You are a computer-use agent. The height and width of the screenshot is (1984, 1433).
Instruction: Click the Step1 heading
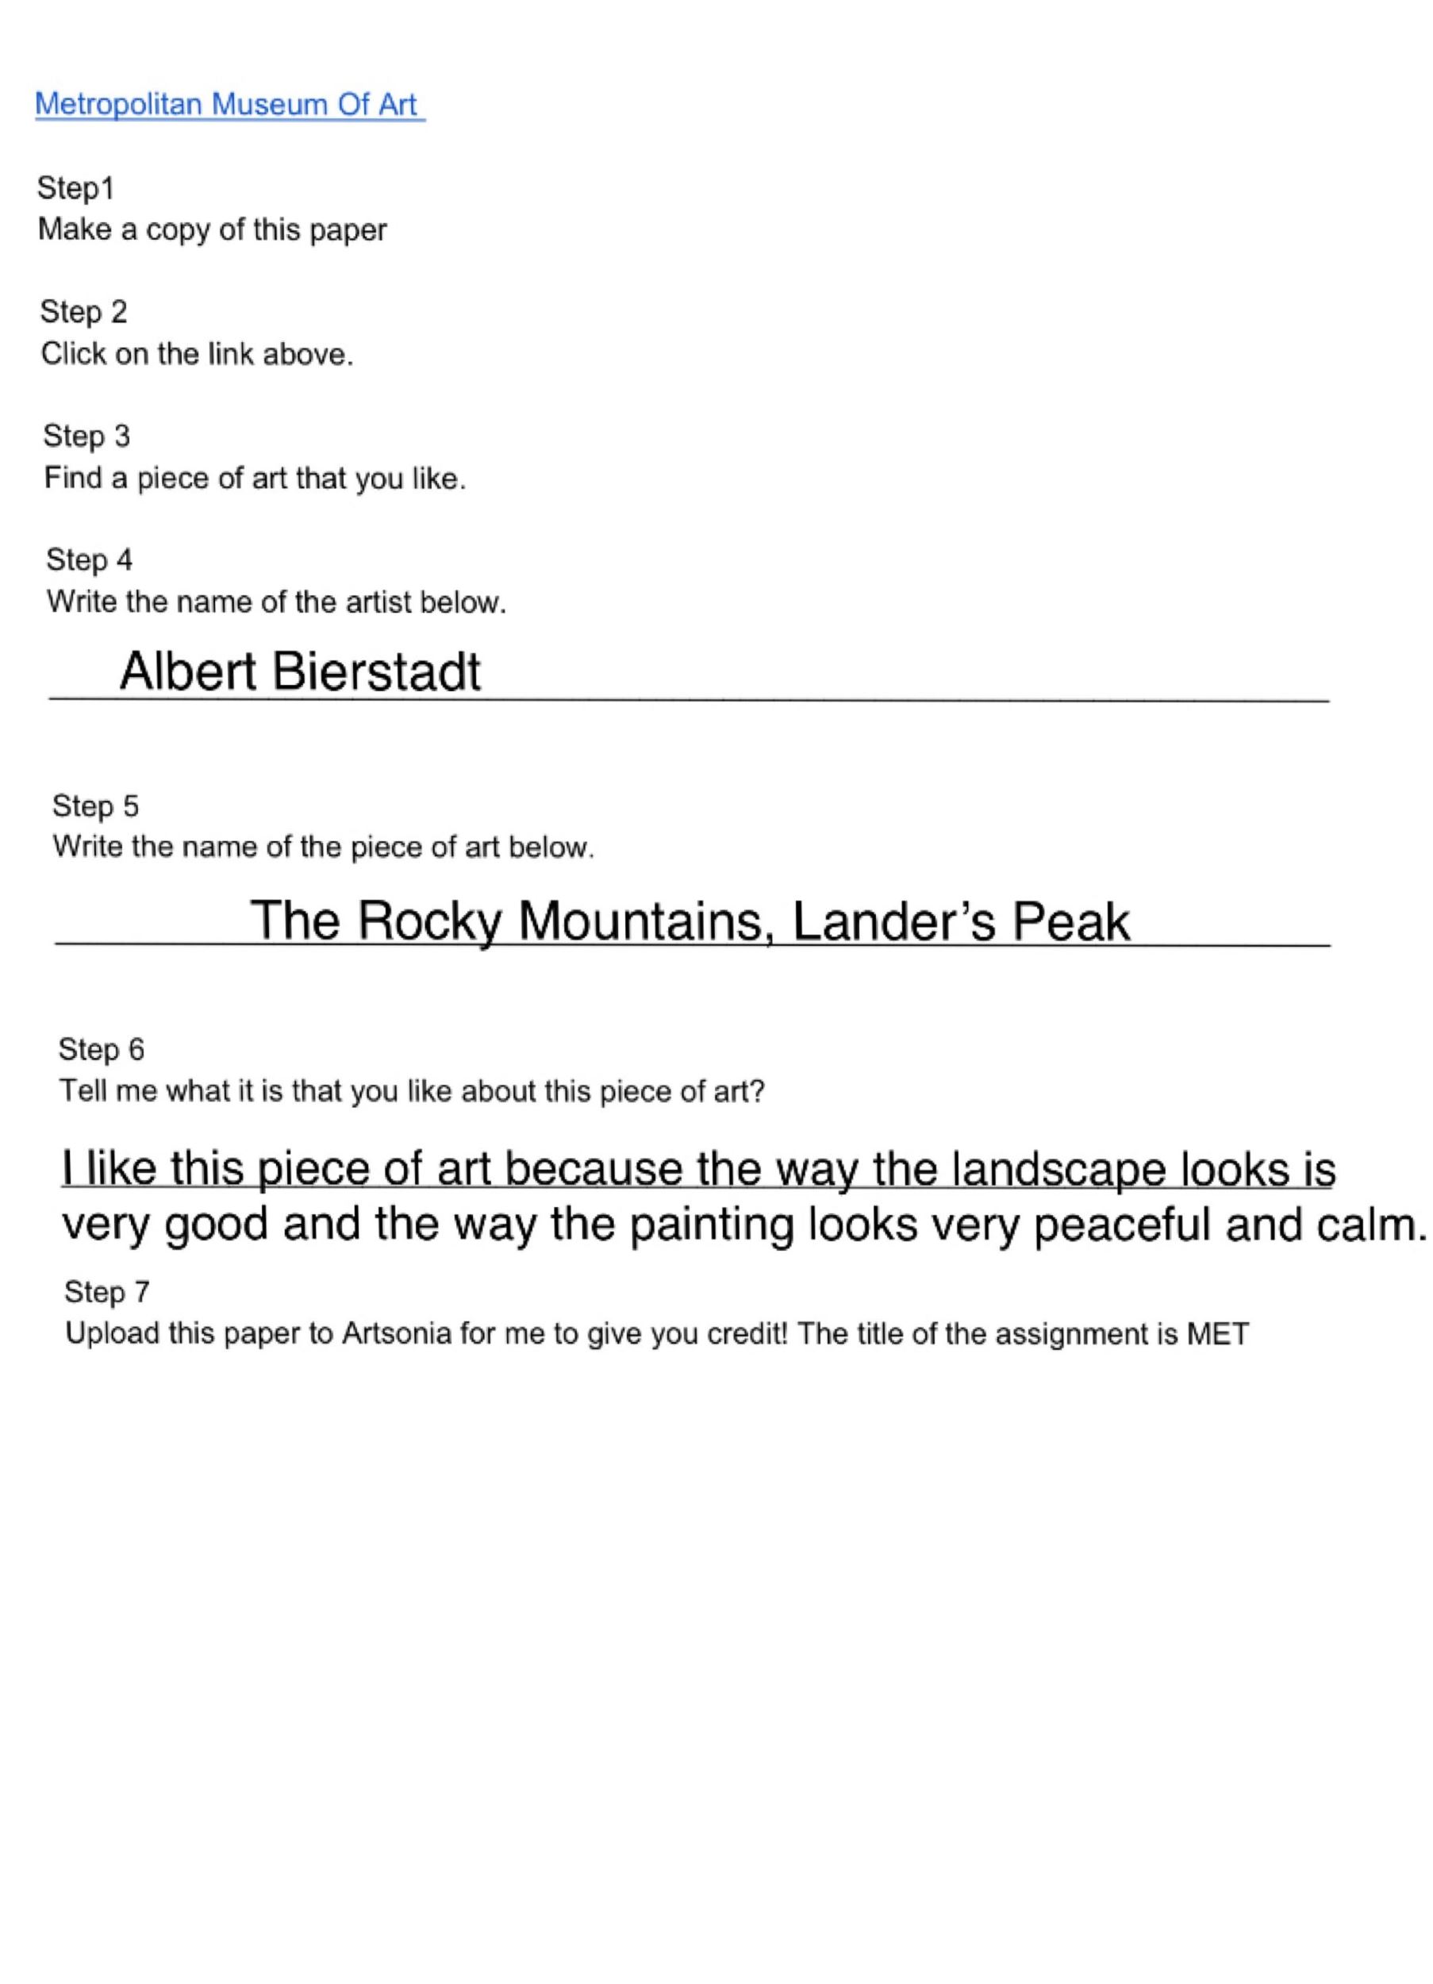tap(75, 188)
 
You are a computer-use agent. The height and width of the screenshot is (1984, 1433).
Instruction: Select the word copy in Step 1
tap(178, 231)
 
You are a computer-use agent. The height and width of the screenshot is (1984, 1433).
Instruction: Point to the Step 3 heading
tap(86, 436)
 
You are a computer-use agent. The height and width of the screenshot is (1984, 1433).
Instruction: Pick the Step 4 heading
tap(88, 559)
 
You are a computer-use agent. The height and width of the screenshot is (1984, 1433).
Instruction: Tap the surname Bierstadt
tap(376, 672)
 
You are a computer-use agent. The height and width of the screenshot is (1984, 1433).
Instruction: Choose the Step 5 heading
tap(94, 806)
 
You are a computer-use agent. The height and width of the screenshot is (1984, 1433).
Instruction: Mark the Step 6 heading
tap(101, 1049)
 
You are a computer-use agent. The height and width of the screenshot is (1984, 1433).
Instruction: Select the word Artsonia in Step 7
tap(396, 1334)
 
